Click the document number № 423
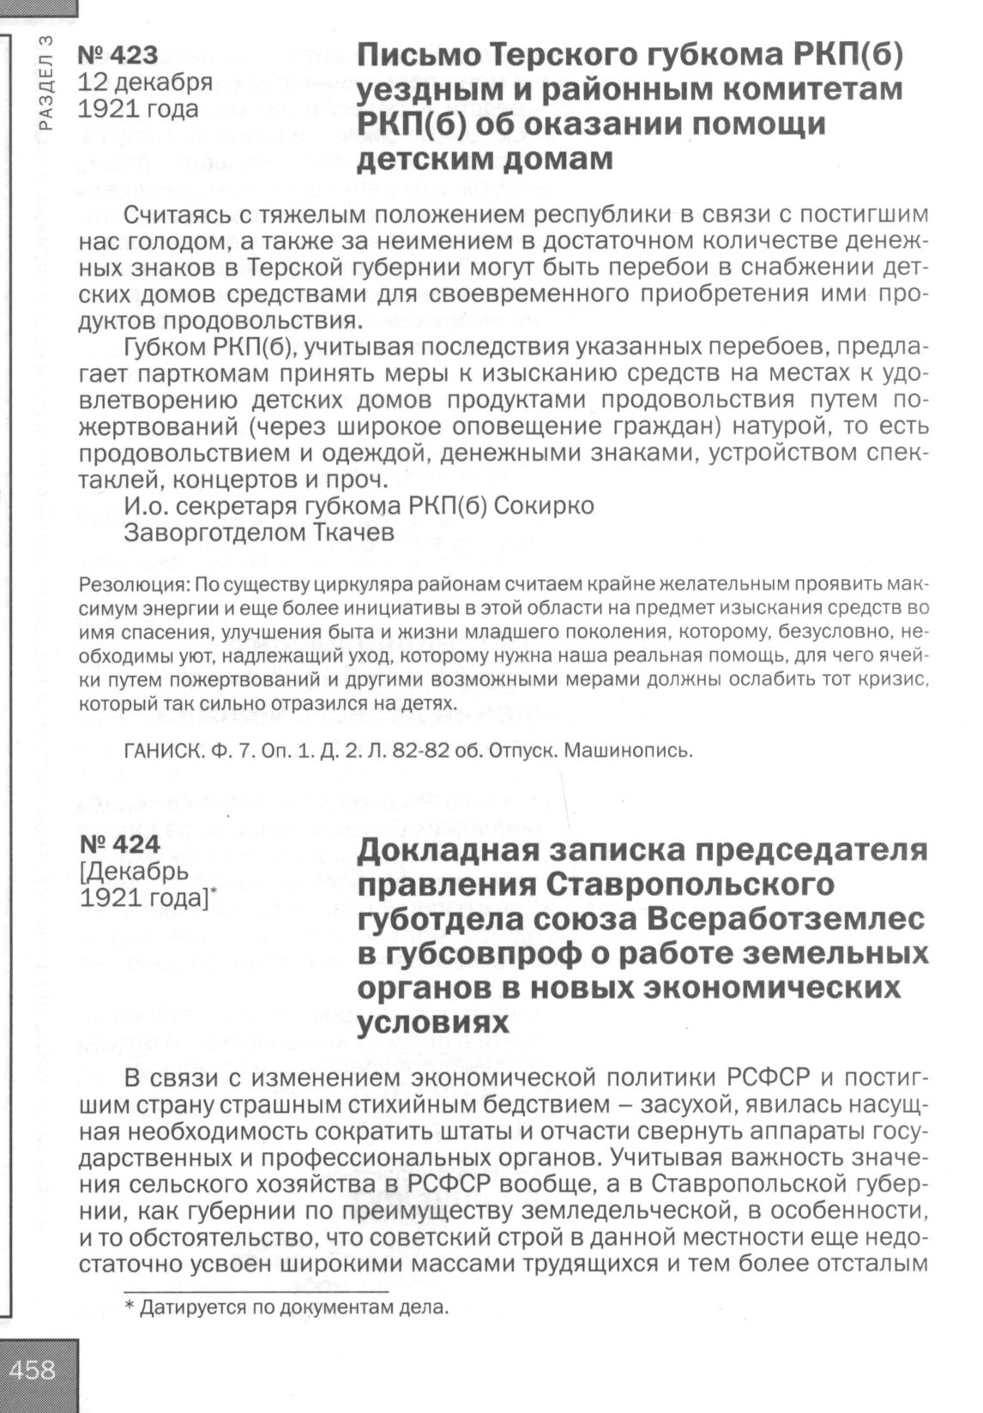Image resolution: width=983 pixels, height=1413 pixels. click(118, 56)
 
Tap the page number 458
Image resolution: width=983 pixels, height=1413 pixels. click(34, 1369)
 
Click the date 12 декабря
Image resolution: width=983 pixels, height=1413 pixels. click(145, 82)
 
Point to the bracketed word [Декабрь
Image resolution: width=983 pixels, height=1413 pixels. click(132, 872)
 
